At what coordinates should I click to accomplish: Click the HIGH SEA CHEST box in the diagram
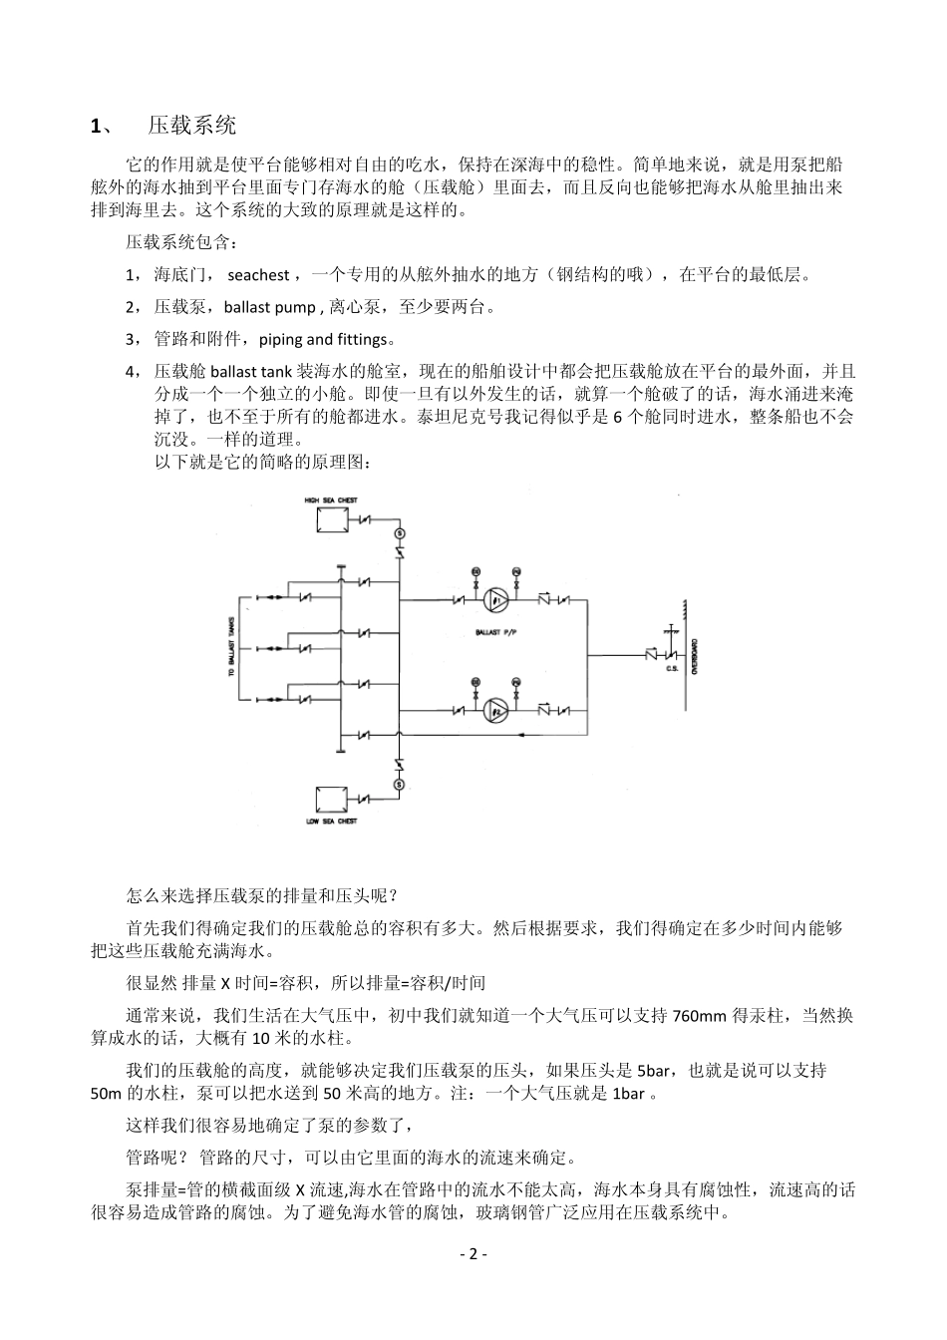coord(331,521)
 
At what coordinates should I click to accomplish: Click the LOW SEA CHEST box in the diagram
coord(331,801)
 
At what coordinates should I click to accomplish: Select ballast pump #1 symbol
coord(496,600)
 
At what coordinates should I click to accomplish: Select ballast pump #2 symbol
coord(496,709)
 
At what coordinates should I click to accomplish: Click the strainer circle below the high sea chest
coord(399,531)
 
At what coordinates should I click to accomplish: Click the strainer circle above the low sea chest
coord(399,785)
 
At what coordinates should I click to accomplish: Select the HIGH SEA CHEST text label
coord(331,500)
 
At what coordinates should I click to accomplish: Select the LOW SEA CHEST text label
coord(331,823)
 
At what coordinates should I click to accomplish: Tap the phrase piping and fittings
coord(321,339)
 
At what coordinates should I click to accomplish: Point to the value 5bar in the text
coord(653,1071)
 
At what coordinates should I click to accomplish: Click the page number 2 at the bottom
coord(473,1254)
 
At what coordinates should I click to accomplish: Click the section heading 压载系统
coord(192,126)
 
